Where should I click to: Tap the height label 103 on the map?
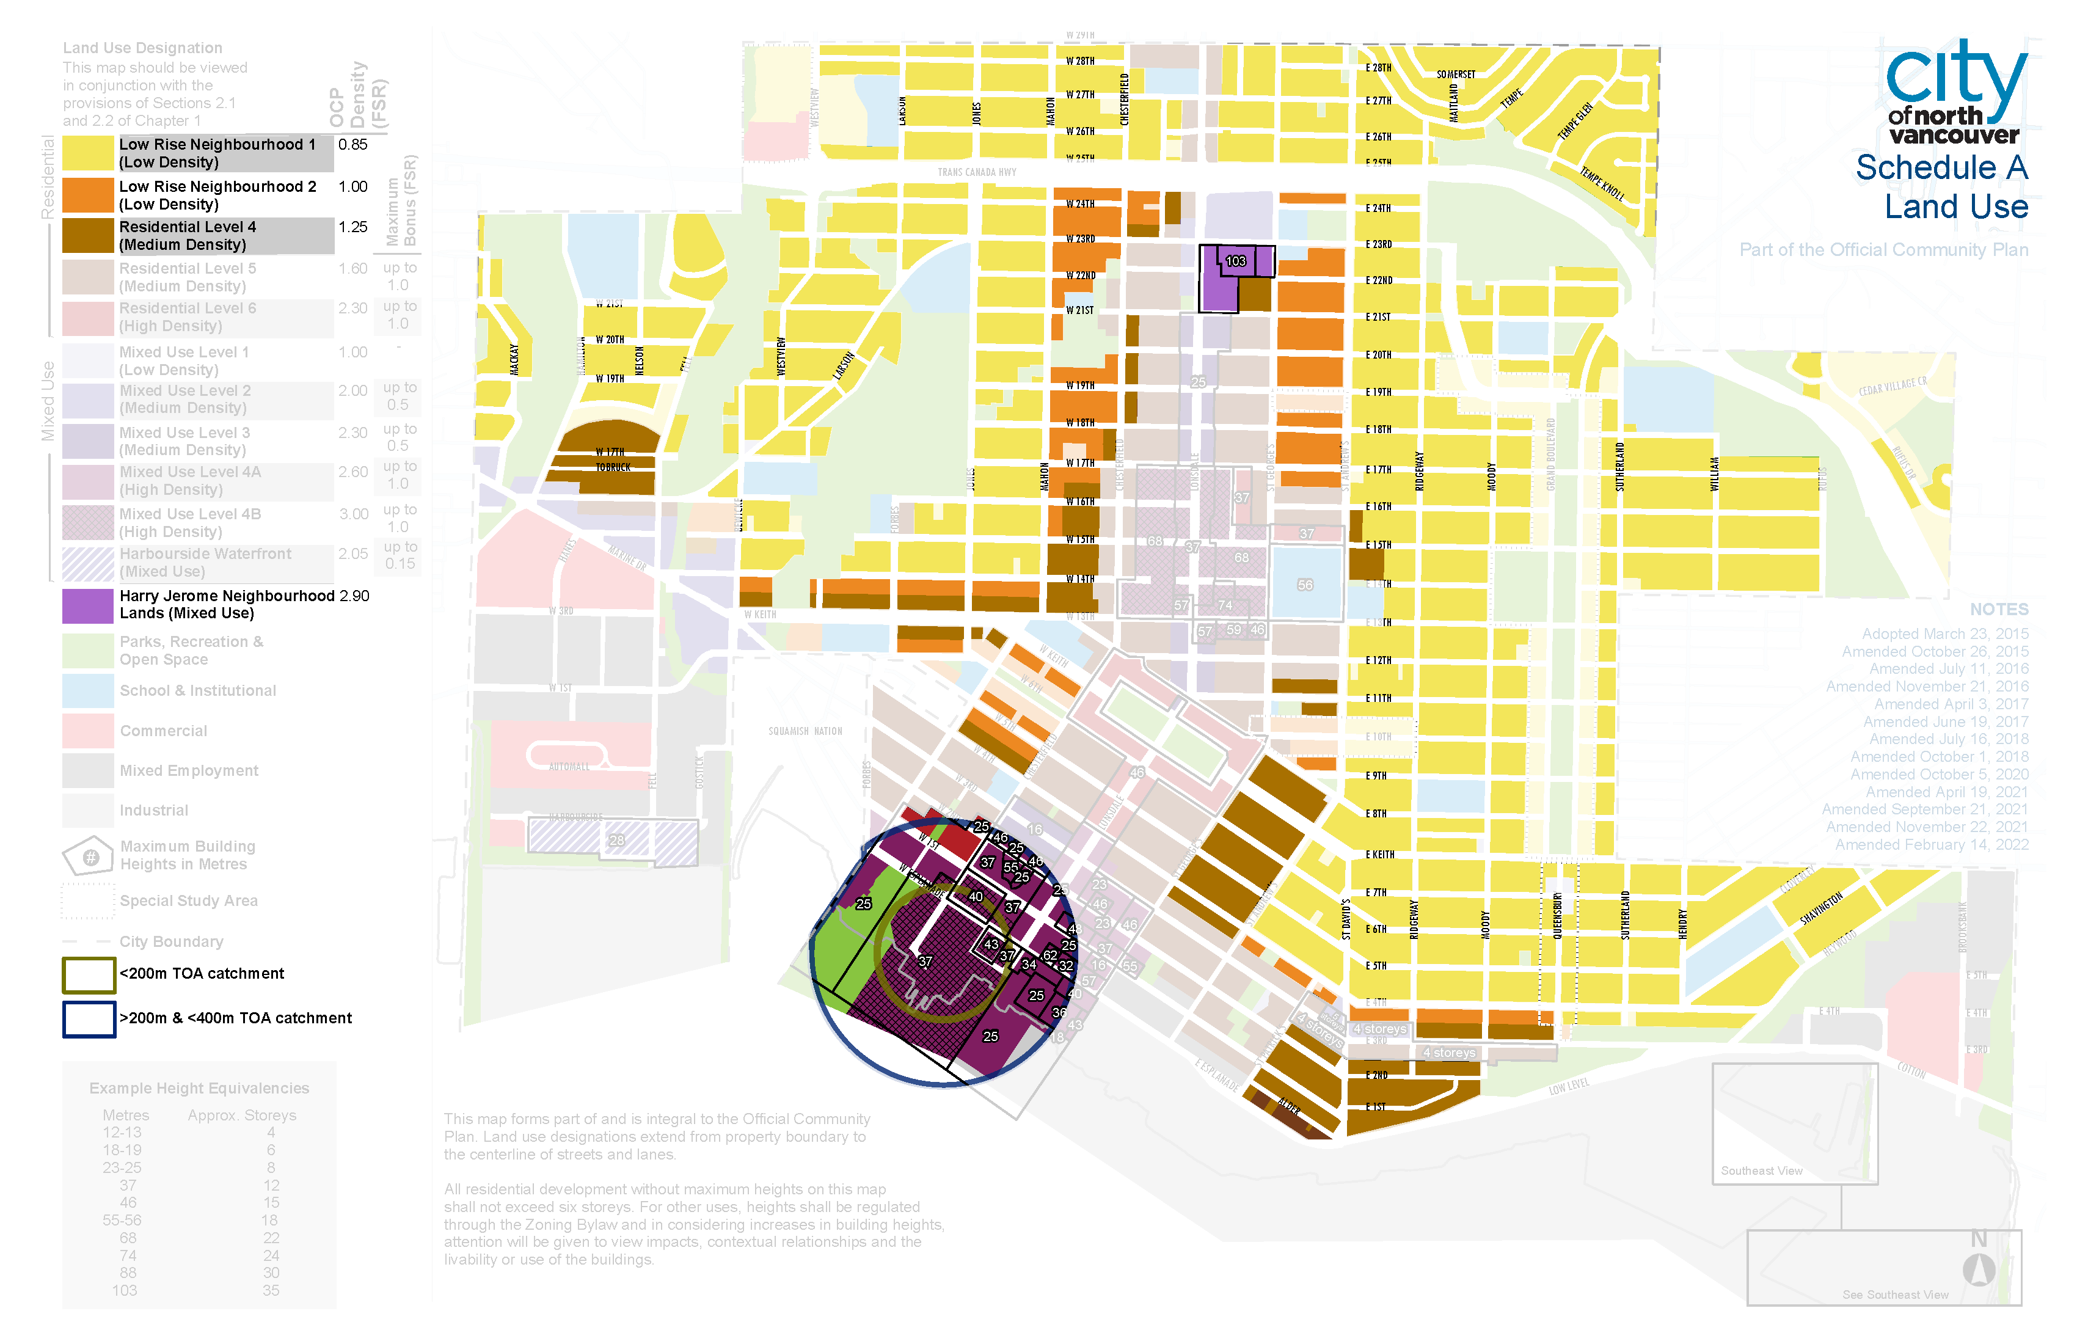tap(1236, 261)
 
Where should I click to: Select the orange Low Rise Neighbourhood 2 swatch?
tap(87, 195)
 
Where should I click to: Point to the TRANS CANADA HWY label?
tap(977, 172)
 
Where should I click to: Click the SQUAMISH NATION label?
tap(805, 731)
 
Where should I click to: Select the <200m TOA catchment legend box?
tap(88, 975)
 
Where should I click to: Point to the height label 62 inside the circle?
tap(1050, 955)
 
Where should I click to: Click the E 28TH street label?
tap(1378, 67)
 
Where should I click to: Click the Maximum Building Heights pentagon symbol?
tap(88, 856)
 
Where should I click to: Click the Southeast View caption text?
tap(1761, 1171)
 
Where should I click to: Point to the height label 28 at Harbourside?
tap(616, 839)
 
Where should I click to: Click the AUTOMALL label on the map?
tap(569, 766)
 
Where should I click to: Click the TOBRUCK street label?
tap(613, 467)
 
